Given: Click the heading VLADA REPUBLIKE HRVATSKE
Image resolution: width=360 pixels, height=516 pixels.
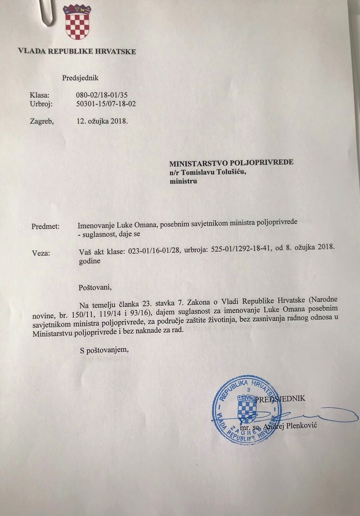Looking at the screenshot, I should [77, 52].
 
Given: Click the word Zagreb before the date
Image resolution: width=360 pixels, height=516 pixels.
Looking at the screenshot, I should [42, 122].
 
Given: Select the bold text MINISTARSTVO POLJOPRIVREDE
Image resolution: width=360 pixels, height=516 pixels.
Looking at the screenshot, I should [231, 162].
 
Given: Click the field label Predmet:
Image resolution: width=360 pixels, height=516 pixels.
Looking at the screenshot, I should [45, 227].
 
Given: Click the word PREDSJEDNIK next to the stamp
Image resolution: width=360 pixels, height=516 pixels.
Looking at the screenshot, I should [281, 399].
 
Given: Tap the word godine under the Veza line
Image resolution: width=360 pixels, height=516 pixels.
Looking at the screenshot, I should [89, 262].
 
